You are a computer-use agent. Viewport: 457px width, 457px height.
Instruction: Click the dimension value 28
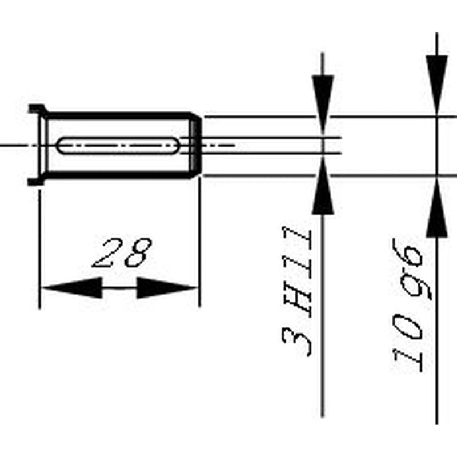click(x=122, y=252)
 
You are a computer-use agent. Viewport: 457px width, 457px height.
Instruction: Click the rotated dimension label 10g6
click(x=411, y=305)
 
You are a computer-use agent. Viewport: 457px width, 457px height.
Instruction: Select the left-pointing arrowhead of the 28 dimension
click(x=72, y=288)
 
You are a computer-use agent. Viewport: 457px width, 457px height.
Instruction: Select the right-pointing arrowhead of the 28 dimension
click(x=167, y=288)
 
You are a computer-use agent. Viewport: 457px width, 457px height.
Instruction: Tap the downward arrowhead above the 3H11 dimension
click(x=323, y=104)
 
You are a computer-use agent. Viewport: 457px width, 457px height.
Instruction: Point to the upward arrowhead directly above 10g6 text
click(x=436, y=207)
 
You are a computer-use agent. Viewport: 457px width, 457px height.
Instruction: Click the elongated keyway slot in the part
click(x=118, y=146)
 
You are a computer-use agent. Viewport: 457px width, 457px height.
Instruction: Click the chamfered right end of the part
click(x=195, y=146)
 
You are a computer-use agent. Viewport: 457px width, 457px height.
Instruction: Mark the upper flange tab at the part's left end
click(x=37, y=109)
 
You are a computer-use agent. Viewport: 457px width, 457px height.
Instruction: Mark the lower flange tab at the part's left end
click(x=36, y=181)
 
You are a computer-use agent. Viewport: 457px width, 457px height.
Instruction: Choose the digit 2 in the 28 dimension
click(x=107, y=253)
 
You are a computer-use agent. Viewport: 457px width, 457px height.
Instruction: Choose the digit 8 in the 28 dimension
click(x=138, y=252)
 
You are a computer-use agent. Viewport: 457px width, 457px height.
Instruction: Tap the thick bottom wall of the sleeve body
click(x=118, y=175)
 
